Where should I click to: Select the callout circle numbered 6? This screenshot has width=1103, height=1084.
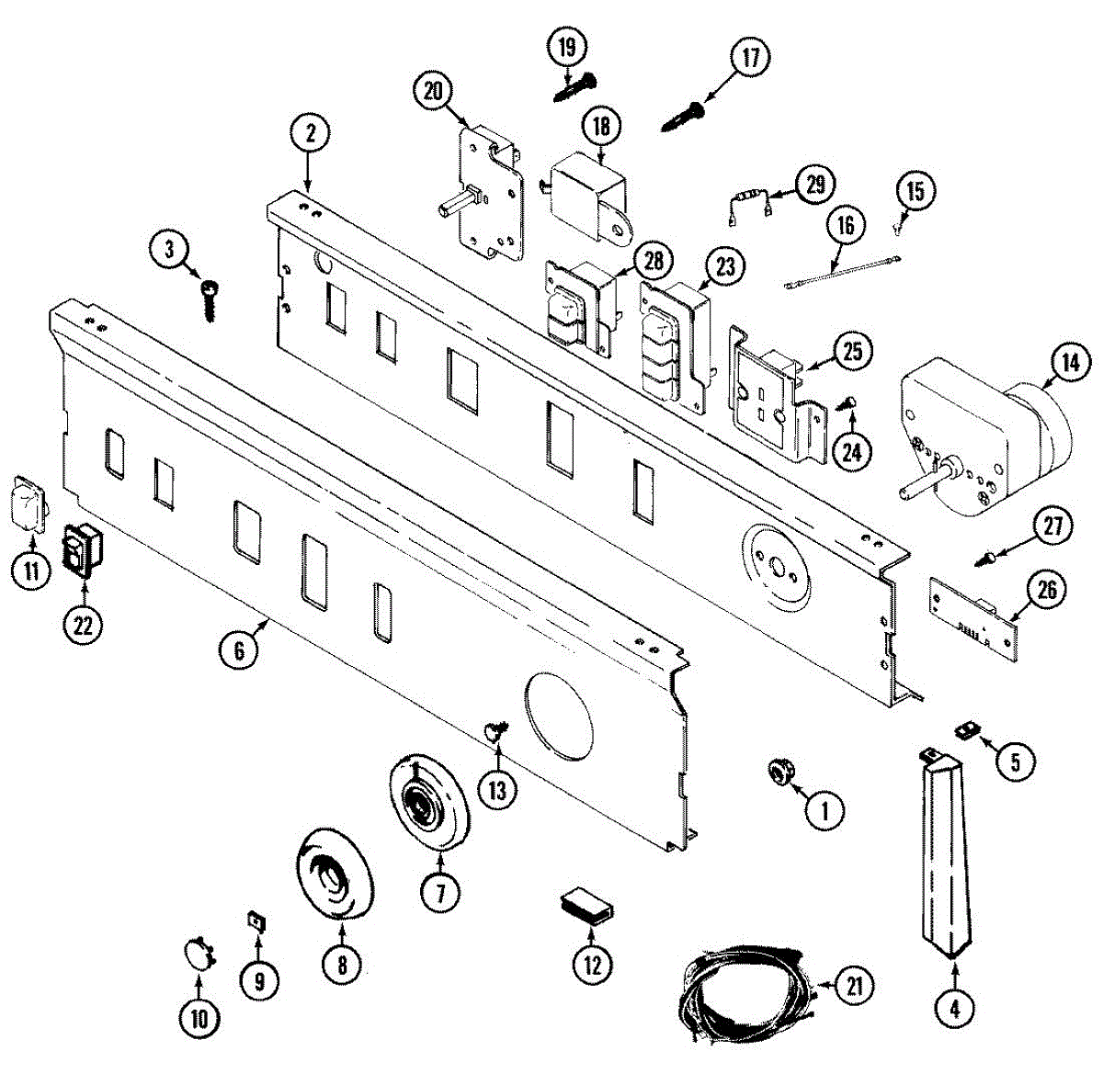pyautogui.click(x=239, y=649)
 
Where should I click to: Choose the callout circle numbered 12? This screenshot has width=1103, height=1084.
pyautogui.click(x=592, y=965)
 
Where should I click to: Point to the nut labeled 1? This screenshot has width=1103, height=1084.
pyautogui.click(x=781, y=773)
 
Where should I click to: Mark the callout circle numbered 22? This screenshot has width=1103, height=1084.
pyautogui.click(x=83, y=626)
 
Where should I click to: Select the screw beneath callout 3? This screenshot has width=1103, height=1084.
pyautogui.click(x=210, y=299)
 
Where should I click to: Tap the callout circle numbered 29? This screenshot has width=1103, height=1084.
pyautogui.click(x=814, y=185)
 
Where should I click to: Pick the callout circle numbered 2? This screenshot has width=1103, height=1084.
pyautogui.click(x=311, y=134)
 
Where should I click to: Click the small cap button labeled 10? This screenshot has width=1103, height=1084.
pyautogui.click(x=198, y=952)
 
